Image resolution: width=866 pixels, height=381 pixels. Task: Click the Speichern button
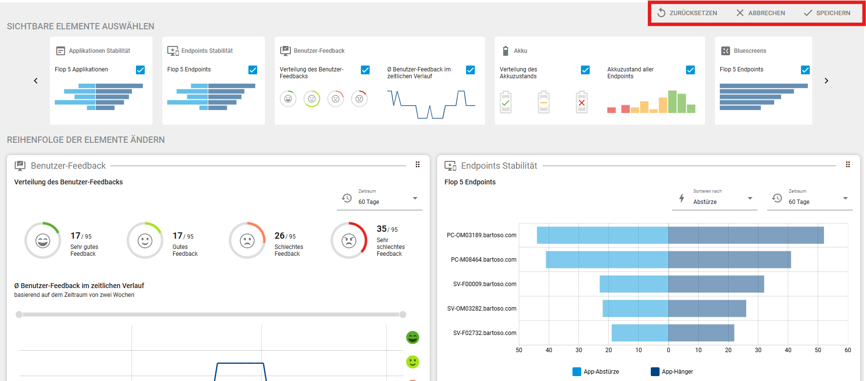point(827,13)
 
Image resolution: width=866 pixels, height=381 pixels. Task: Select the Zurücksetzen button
point(687,13)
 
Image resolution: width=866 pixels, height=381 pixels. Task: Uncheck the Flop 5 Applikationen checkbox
point(140,70)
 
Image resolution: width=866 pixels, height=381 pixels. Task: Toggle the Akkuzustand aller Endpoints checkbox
point(690,70)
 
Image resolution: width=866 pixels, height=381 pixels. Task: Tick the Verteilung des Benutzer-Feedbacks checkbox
point(365,70)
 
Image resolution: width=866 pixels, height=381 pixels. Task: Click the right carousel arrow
point(826,81)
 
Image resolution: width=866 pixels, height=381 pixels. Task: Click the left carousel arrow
point(36,81)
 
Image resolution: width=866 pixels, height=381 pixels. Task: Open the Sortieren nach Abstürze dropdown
point(715,199)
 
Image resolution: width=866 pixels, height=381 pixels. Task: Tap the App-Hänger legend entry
point(672,372)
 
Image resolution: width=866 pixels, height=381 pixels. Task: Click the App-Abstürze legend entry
point(596,372)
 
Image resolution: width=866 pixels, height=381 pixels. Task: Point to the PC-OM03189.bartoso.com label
point(482,235)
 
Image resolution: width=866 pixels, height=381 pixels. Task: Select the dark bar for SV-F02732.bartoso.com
point(701,333)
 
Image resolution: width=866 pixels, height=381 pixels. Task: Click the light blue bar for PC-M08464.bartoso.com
point(607,260)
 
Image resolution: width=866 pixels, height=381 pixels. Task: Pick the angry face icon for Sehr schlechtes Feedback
point(349,241)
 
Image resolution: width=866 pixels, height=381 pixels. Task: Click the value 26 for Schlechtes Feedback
point(280,236)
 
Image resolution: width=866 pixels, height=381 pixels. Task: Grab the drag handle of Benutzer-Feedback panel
point(418,165)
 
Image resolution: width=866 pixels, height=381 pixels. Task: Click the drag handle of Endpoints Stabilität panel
point(848,165)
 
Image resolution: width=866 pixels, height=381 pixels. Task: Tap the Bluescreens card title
point(750,51)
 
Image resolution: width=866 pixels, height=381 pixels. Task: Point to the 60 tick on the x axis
point(848,350)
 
